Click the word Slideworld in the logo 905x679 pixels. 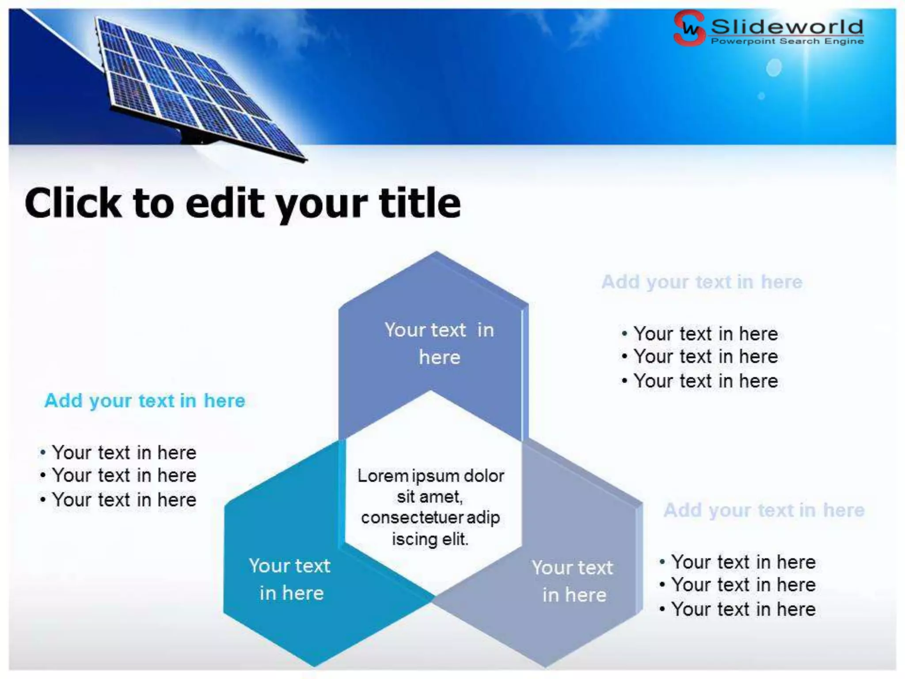click(x=787, y=27)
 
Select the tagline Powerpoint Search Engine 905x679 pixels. click(x=787, y=41)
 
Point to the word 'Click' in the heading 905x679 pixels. click(x=73, y=203)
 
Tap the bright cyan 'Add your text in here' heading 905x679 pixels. click(x=145, y=401)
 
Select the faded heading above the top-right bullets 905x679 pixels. click(x=702, y=282)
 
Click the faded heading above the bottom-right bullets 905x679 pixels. click(x=764, y=510)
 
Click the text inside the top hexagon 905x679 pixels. click(x=439, y=343)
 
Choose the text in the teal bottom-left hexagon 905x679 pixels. click(x=290, y=579)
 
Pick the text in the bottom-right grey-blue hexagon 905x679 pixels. click(x=573, y=581)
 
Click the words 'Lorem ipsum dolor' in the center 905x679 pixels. click(x=430, y=476)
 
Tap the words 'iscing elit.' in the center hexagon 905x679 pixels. click(x=430, y=539)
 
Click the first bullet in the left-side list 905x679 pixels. click(x=124, y=453)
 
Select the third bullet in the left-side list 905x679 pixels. click(x=124, y=500)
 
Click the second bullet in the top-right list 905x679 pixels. click(x=705, y=357)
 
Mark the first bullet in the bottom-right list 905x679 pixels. click(x=743, y=562)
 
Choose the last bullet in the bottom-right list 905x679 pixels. click(x=743, y=610)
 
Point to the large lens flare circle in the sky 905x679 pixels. click(x=774, y=68)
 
